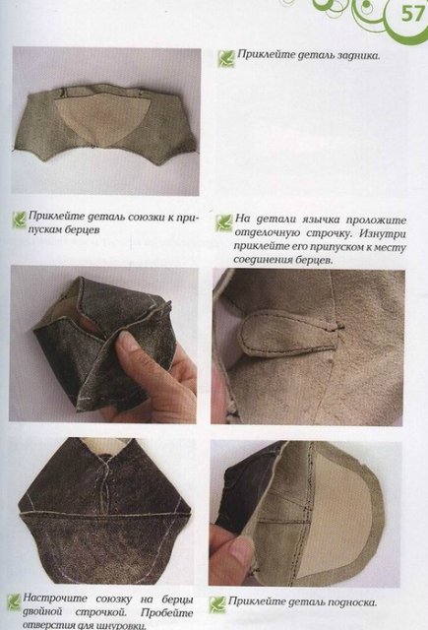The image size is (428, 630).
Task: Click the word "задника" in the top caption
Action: [x=350, y=57]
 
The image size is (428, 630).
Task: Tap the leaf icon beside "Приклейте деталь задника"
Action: [x=224, y=58]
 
